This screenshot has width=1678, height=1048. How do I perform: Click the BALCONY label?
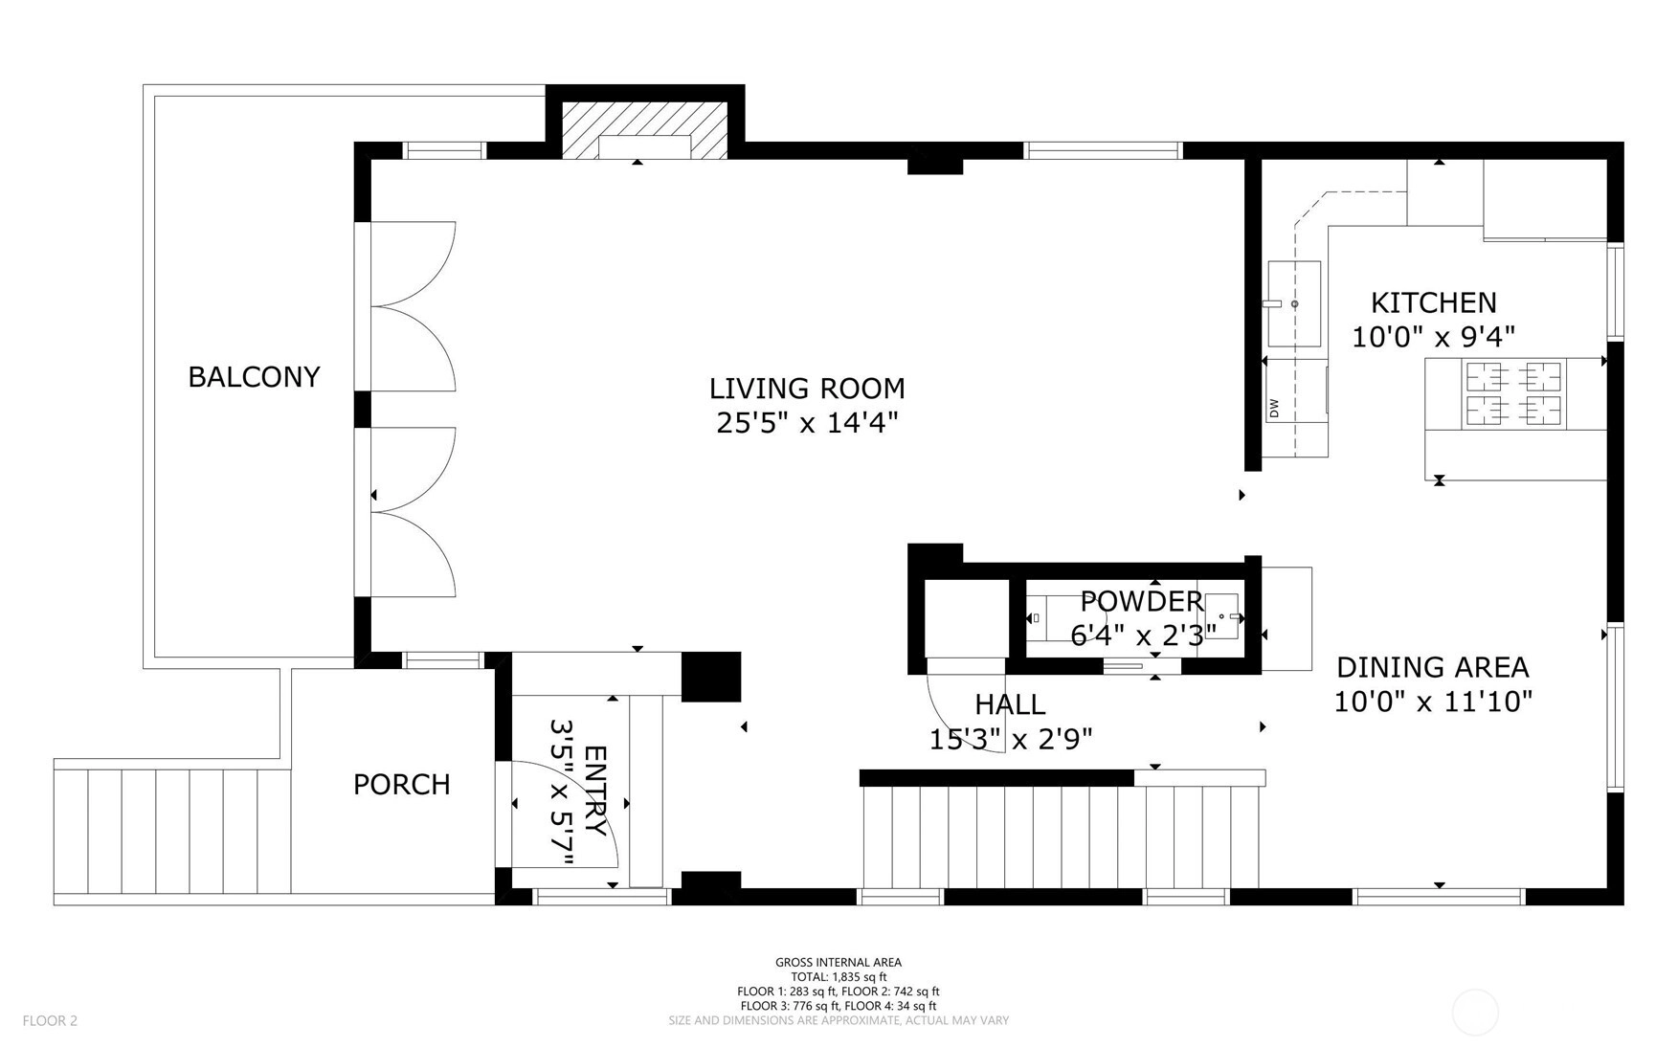tap(254, 377)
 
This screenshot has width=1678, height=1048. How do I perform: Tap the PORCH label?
tap(402, 785)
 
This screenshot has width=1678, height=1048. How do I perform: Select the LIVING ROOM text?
tap(807, 389)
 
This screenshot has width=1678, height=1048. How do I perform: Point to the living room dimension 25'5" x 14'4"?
tap(807, 423)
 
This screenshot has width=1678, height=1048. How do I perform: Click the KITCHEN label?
tap(1433, 302)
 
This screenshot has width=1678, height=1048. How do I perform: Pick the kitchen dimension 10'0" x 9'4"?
tap(1433, 337)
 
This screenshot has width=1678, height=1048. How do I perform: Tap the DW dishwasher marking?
tap(1274, 408)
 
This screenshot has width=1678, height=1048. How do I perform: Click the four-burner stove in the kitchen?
tap(1514, 393)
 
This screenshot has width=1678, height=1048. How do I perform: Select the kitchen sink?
tap(1294, 304)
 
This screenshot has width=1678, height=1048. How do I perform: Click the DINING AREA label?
tap(1432, 667)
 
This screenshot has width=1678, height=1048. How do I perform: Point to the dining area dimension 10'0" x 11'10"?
tap(1433, 702)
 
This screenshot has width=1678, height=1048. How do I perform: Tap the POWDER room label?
tap(1141, 601)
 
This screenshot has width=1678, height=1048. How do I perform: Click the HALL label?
tap(1010, 704)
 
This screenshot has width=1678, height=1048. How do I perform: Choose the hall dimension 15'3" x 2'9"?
tap(1011, 739)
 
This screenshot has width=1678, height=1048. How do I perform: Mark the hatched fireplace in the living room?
tap(644, 129)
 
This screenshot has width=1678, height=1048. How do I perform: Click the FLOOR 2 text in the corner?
tap(50, 1020)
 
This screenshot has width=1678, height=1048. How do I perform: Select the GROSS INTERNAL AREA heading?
tap(839, 963)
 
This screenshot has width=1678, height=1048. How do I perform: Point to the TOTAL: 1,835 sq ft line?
tap(839, 977)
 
